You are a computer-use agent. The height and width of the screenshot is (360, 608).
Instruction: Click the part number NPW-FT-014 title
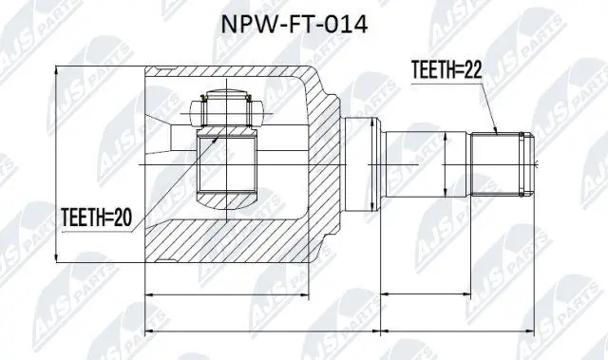coord(294,26)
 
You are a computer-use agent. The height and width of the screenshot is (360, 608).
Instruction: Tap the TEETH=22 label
coord(446,70)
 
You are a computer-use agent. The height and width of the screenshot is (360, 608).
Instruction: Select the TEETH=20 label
coord(97,218)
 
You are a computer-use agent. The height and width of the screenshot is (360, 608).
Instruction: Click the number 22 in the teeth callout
coord(472,70)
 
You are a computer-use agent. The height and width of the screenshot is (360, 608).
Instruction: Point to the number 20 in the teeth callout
coord(123,218)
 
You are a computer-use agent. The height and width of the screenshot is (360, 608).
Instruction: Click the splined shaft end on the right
coord(503,163)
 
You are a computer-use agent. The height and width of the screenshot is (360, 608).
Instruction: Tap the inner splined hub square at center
coord(227,164)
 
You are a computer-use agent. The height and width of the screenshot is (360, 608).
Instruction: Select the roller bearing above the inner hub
coord(226,108)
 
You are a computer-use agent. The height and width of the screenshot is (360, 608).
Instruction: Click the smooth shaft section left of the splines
coord(426,163)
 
